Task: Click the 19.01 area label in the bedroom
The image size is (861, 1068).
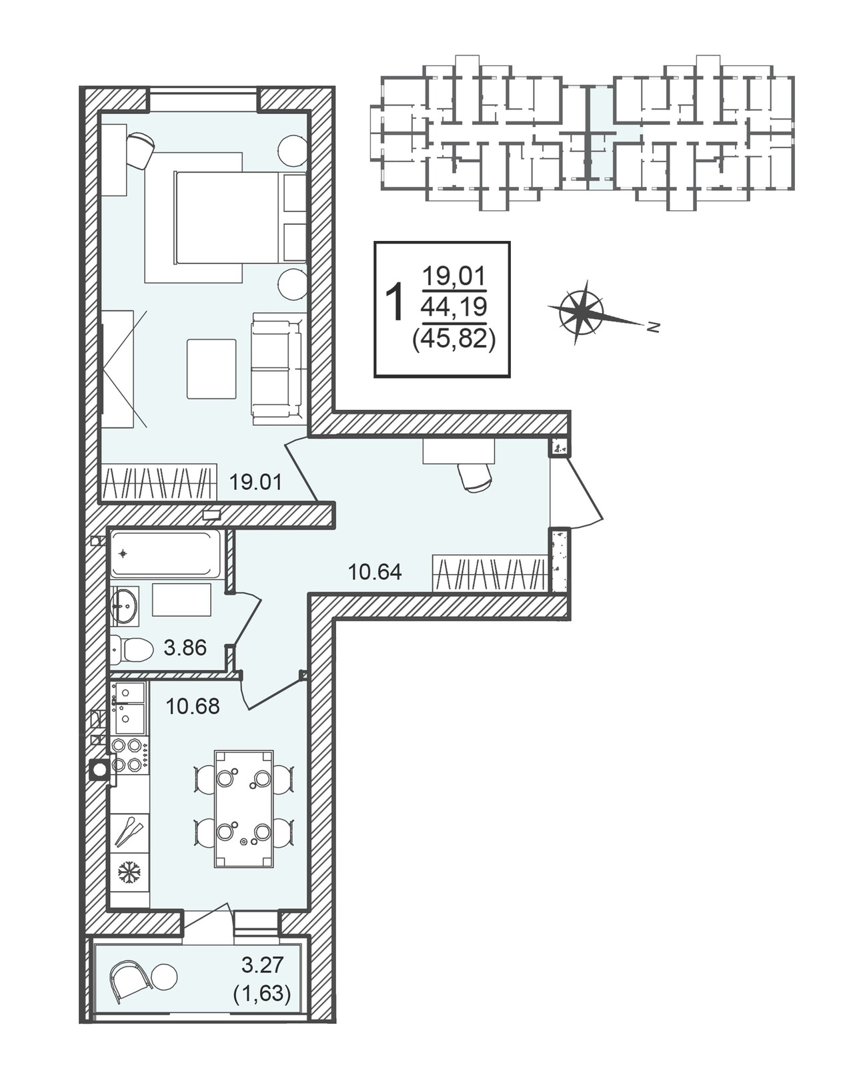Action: pos(255,482)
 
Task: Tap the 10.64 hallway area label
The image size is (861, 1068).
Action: pos(374,572)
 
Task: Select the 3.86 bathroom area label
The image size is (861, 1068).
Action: pos(185,647)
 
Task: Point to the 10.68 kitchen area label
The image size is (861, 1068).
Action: pos(193,706)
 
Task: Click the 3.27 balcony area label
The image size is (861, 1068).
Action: pos(262,965)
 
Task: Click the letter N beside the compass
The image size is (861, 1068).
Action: pos(654,326)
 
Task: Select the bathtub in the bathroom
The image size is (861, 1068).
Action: pos(166,553)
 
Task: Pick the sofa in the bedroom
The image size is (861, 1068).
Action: pos(277,368)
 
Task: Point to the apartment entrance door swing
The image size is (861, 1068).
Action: pos(576,491)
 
